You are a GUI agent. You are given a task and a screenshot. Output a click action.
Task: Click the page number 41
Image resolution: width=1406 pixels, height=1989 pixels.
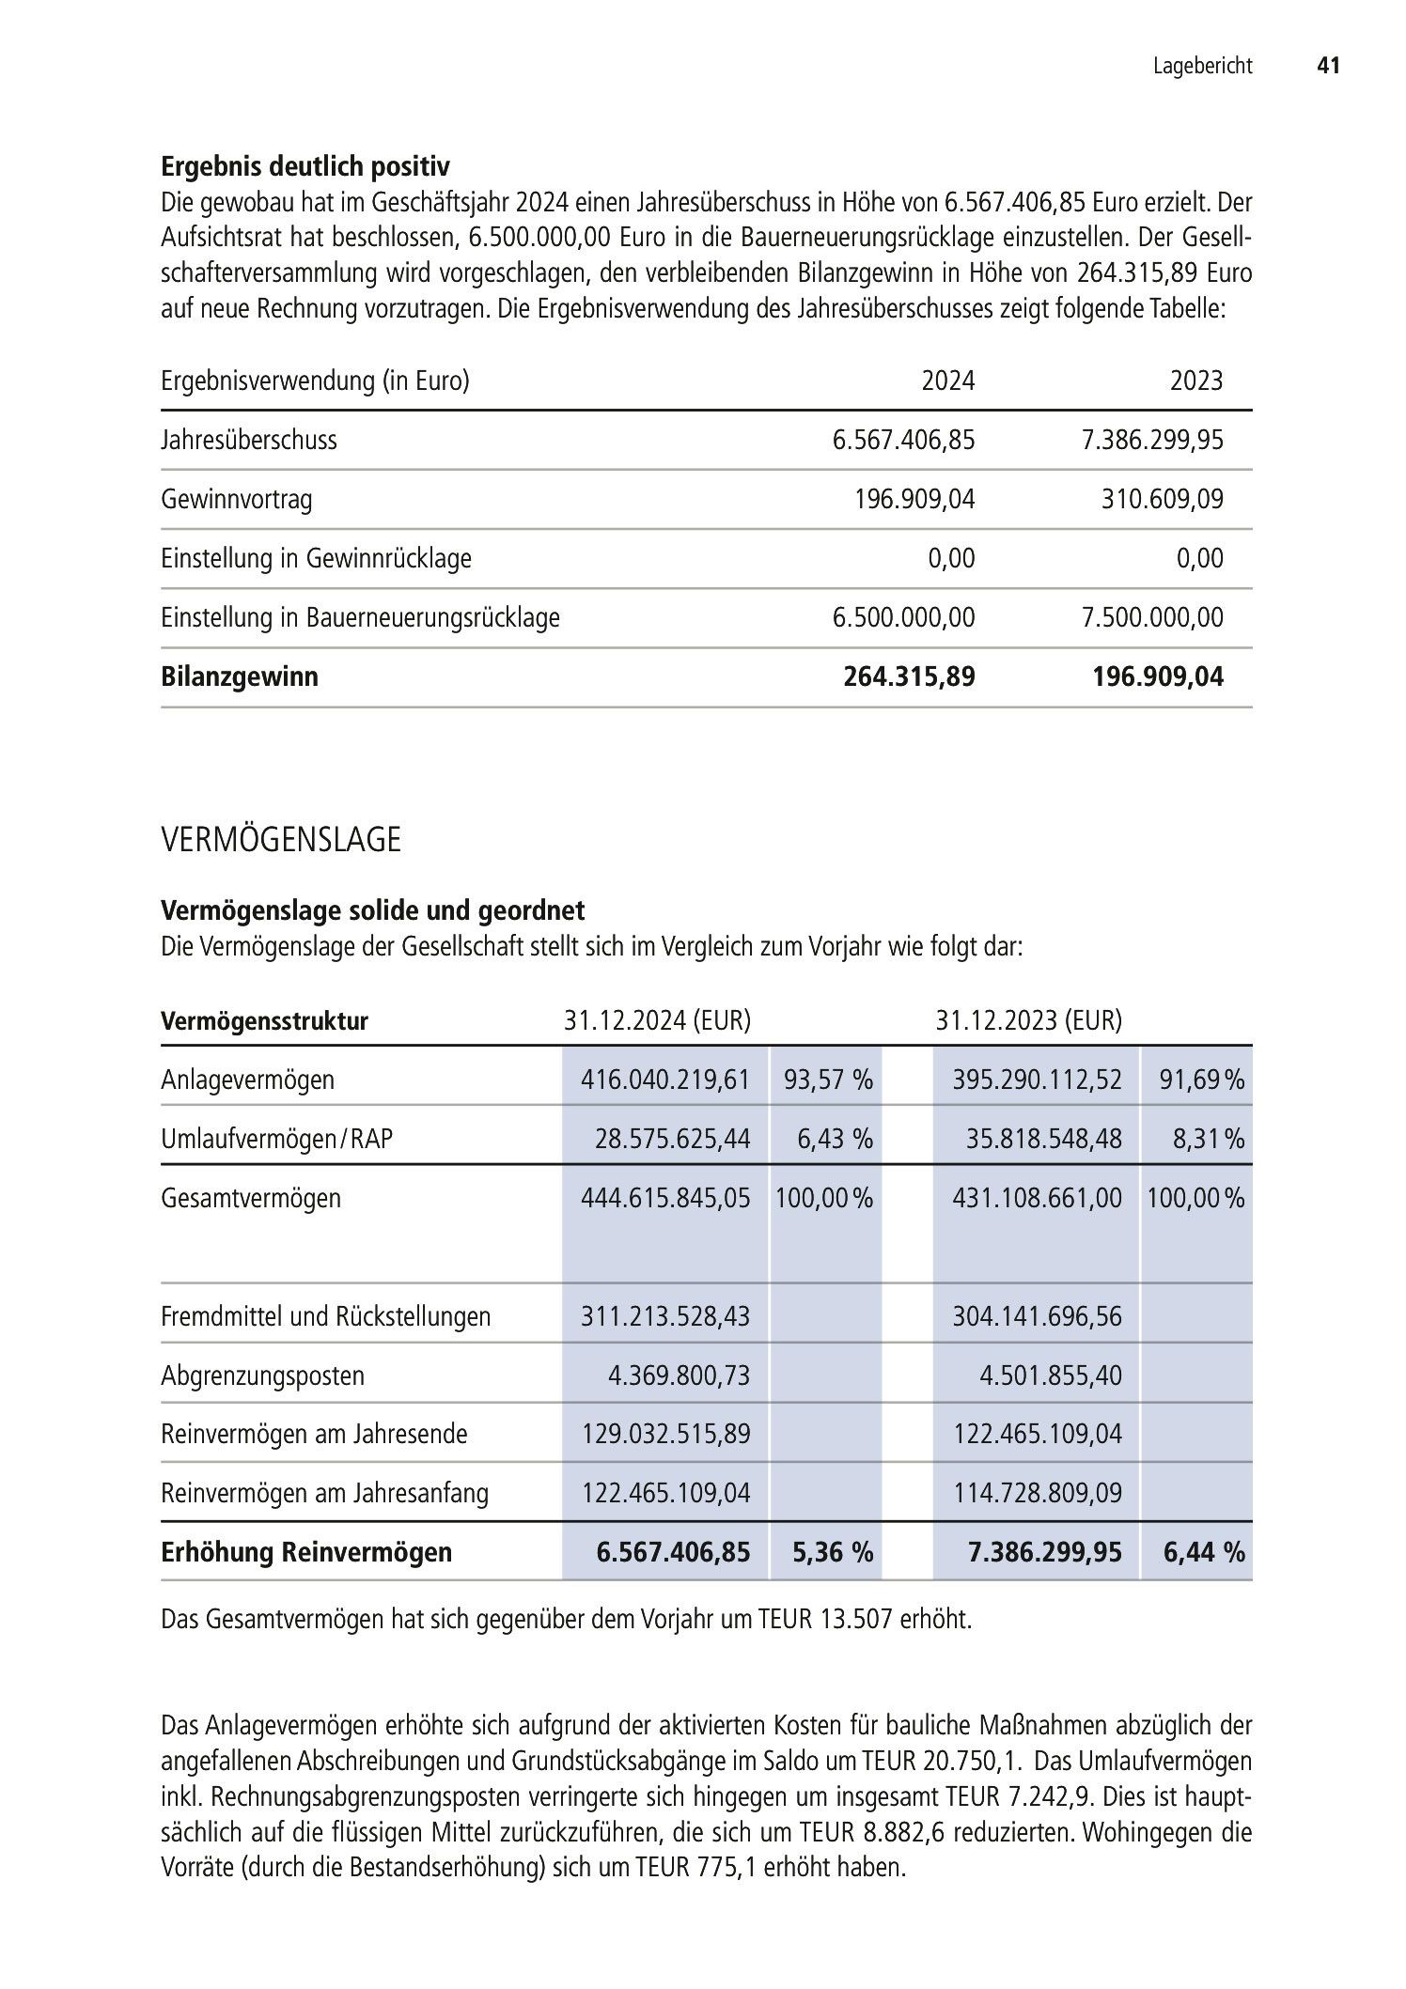click(x=1327, y=66)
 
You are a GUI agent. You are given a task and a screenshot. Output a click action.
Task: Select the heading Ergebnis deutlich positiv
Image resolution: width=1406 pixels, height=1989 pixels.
click(x=305, y=167)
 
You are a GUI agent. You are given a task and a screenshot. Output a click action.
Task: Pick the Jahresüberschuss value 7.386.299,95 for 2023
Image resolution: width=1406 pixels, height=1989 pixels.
click(x=1152, y=440)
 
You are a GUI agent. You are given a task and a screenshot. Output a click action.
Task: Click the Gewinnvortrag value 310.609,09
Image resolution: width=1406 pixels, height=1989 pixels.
click(x=1163, y=499)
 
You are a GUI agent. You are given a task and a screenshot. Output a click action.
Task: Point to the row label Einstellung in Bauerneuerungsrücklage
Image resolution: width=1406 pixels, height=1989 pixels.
click(x=360, y=617)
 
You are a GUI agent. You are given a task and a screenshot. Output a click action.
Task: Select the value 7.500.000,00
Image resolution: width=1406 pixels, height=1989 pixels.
click(x=1152, y=617)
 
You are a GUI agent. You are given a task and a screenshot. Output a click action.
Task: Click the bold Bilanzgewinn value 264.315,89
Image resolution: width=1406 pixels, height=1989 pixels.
click(x=909, y=676)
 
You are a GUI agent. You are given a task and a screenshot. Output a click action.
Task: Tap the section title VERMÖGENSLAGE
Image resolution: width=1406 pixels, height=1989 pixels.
click(x=281, y=840)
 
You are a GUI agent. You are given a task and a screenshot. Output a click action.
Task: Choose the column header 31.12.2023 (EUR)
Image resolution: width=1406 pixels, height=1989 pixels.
click(x=1028, y=1020)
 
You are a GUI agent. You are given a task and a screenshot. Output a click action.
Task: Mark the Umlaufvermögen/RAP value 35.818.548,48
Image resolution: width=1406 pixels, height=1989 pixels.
click(x=1043, y=1139)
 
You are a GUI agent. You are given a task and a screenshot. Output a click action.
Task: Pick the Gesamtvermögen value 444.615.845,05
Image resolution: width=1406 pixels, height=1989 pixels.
click(x=665, y=1198)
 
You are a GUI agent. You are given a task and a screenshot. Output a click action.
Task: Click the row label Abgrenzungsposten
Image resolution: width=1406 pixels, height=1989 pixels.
click(x=262, y=1375)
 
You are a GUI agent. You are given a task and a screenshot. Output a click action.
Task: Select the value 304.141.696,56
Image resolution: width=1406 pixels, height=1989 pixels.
click(x=1037, y=1316)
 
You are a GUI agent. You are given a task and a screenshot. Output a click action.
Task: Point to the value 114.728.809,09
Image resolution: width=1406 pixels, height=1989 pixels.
click(x=1038, y=1493)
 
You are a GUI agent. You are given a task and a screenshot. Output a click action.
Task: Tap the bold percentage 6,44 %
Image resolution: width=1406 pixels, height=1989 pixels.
click(x=1204, y=1552)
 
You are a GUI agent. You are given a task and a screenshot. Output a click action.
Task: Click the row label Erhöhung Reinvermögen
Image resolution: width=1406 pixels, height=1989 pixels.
click(x=306, y=1552)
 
